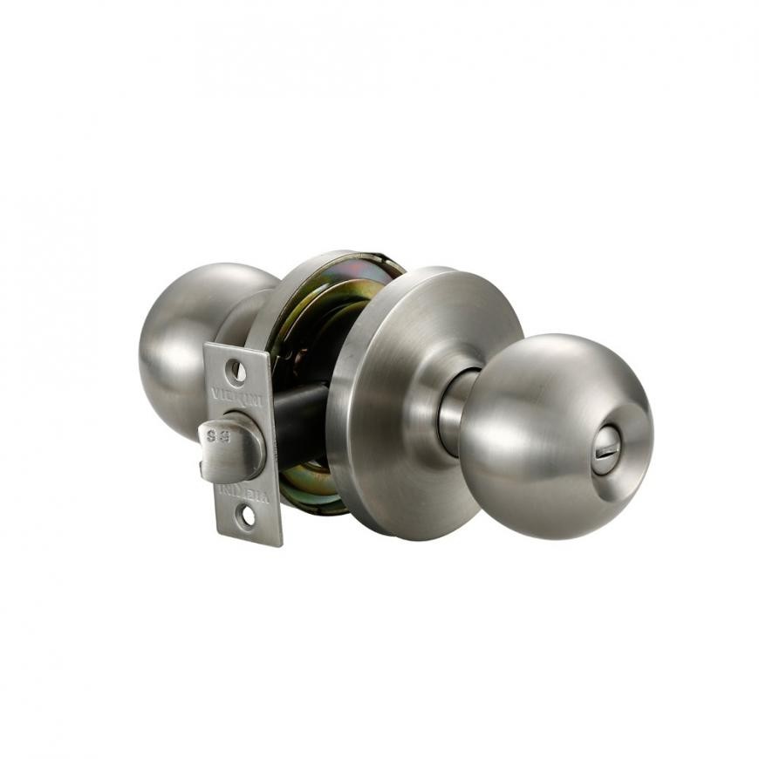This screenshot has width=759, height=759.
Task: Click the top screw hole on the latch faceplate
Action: point(236,373)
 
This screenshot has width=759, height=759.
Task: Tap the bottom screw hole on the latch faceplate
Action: point(248,517)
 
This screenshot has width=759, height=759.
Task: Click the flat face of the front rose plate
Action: point(410,393)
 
